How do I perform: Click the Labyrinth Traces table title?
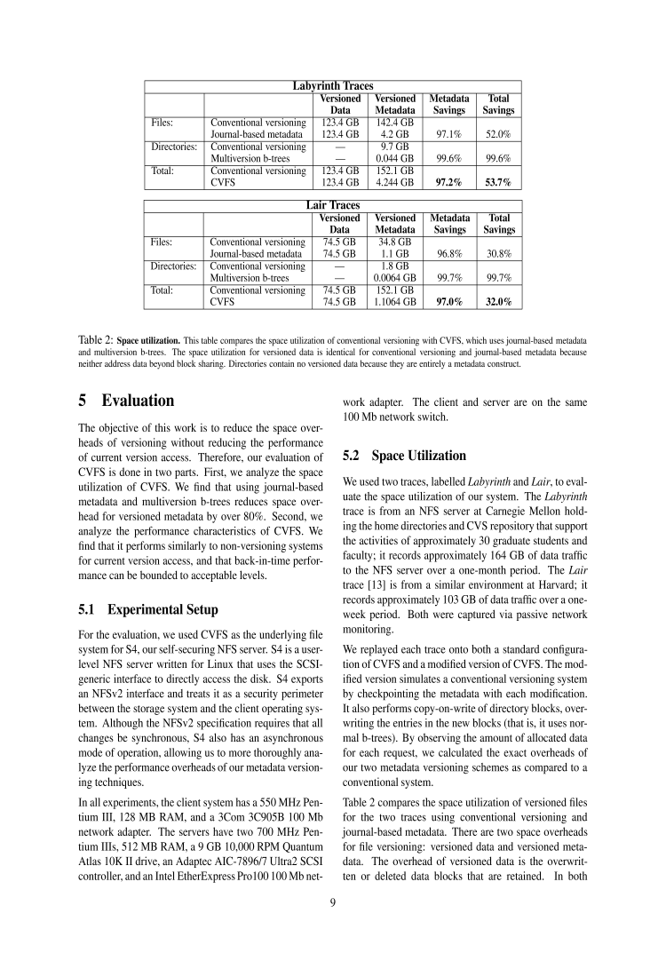click(333, 86)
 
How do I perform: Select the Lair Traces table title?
click(333, 205)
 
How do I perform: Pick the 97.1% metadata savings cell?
click(449, 134)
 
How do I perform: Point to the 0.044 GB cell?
click(395, 158)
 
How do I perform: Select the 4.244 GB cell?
click(395, 182)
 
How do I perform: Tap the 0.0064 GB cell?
click(395, 277)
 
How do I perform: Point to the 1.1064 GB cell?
click(395, 301)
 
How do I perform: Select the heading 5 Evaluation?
click(126, 400)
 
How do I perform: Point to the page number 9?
click(333, 905)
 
